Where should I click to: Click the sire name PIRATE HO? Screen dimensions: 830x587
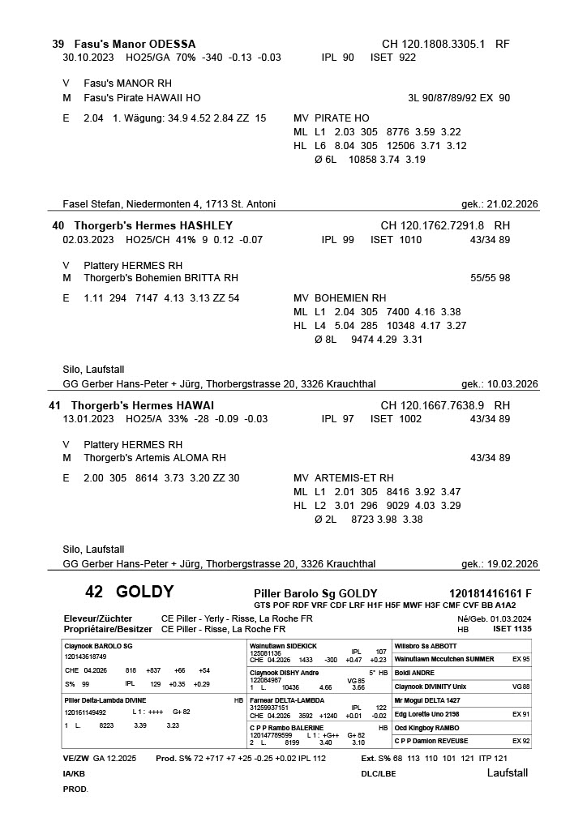pos(342,118)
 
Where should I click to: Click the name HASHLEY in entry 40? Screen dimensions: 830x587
pos(206,225)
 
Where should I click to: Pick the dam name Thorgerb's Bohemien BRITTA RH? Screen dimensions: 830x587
pos(161,278)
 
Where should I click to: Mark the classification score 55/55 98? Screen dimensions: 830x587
pos(490,278)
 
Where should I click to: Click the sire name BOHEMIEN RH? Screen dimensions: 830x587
pos(350,298)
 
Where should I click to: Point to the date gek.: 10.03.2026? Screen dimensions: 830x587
pos(499,384)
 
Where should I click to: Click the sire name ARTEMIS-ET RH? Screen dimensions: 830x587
pos(353,478)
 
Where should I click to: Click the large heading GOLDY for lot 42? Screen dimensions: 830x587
pos(144,592)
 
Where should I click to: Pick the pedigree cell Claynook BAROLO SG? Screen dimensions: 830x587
pos(98,646)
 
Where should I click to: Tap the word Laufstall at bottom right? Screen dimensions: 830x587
pos(507,772)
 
